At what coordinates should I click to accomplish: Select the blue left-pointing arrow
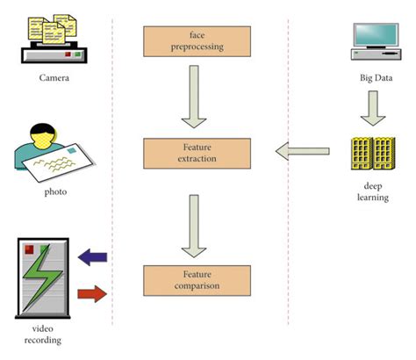[x=92, y=256]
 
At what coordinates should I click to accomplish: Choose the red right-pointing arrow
[x=92, y=292]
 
